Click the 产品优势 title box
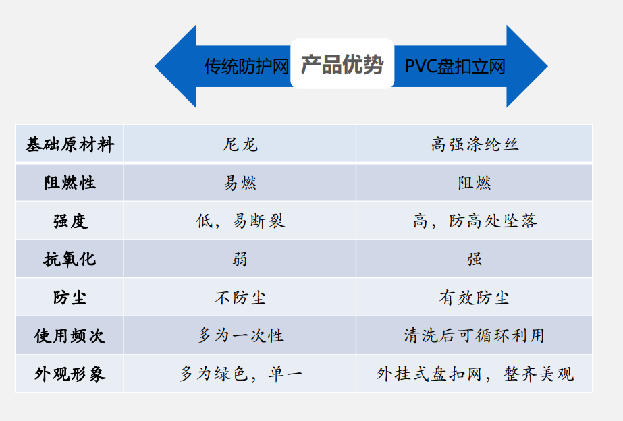point(342,63)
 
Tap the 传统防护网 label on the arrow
point(246,66)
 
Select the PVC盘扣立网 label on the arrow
point(455,66)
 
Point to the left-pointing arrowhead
point(175,66)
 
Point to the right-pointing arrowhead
point(527,66)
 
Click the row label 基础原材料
point(70,144)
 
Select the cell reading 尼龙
point(240,144)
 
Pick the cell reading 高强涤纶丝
point(475,144)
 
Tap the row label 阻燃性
point(70,183)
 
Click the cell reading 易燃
point(240,183)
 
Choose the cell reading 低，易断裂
point(240,221)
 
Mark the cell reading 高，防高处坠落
point(475,221)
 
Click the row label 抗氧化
point(70,259)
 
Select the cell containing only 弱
point(240,259)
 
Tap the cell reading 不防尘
point(240,298)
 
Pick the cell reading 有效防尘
point(475,298)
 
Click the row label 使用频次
point(70,336)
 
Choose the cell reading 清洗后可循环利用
point(475,335)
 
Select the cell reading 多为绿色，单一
point(240,374)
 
